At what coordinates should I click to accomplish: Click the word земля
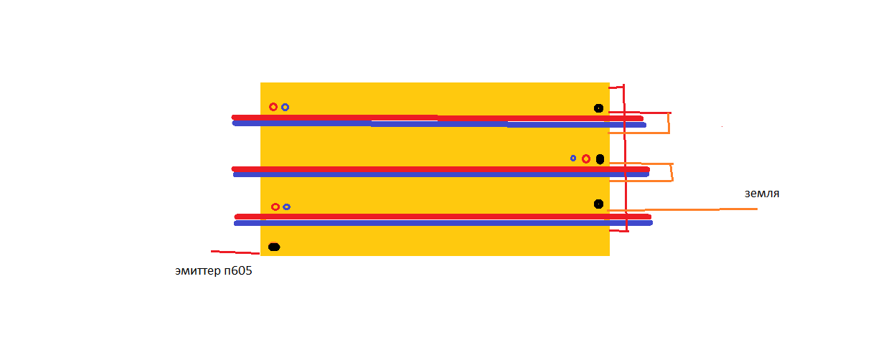click(762, 194)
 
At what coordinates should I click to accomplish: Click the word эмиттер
click(198, 271)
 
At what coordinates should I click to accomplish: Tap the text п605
click(238, 270)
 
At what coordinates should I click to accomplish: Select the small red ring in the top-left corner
click(273, 107)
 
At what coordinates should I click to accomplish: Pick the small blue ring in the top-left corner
click(285, 107)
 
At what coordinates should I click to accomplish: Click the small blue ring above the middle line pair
click(572, 158)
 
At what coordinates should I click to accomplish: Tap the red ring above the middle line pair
click(586, 159)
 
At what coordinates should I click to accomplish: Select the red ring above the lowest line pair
click(275, 207)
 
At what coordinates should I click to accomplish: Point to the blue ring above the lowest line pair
click(286, 207)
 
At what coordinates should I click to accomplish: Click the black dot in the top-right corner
click(598, 108)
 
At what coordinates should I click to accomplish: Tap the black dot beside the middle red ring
click(600, 159)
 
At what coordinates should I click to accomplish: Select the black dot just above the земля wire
click(598, 204)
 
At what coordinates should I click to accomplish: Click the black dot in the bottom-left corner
click(274, 247)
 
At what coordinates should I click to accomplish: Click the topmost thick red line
click(437, 118)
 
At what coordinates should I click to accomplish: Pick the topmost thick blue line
click(439, 124)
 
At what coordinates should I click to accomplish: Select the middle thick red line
click(440, 169)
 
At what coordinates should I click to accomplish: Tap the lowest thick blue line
click(443, 223)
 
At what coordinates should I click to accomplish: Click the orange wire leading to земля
click(682, 209)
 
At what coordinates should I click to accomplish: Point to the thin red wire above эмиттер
click(235, 252)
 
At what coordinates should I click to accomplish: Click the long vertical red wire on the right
click(625, 158)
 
